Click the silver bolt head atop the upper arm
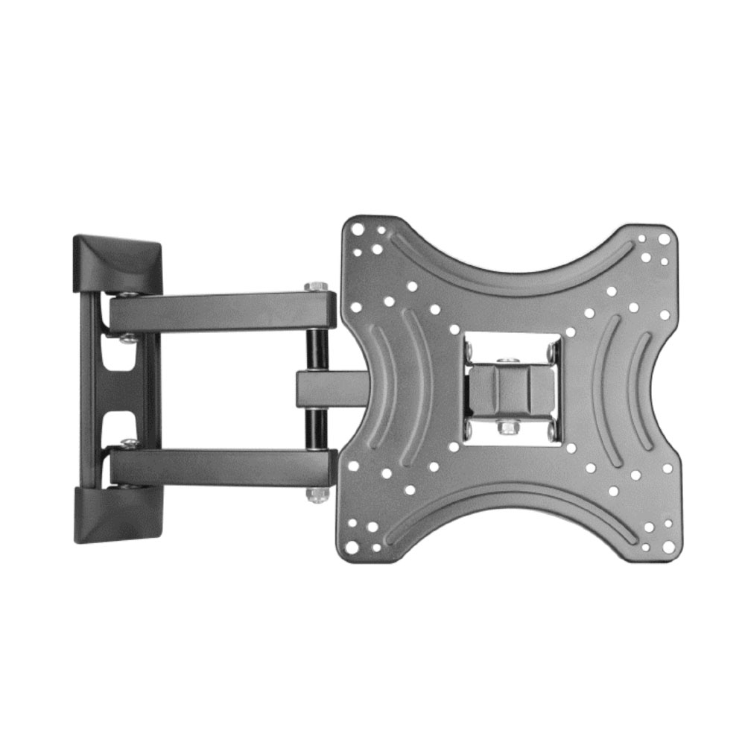(316, 287)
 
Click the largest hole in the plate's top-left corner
(358, 230)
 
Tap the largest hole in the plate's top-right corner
(664, 239)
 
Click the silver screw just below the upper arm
(128, 338)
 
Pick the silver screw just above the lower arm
(128, 444)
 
